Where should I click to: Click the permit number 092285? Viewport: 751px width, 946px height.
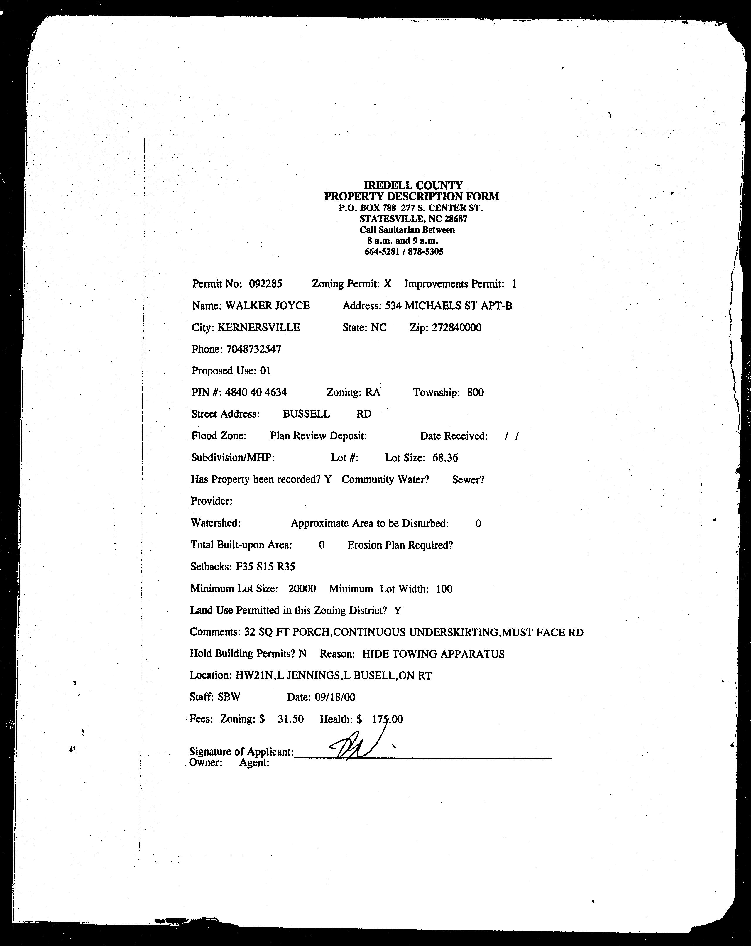(x=265, y=284)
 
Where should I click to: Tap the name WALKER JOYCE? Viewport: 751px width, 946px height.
(x=268, y=306)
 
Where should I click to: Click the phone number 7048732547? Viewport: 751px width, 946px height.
(x=253, y=349)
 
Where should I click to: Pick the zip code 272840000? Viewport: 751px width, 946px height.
(x=456, y=328)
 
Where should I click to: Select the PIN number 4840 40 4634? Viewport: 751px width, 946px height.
(x=256, y=392)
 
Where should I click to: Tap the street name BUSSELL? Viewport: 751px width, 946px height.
(x=306, y=414)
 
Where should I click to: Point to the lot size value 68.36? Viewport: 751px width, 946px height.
(x=445, y=458)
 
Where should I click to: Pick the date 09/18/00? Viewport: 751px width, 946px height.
(x=335, y=697)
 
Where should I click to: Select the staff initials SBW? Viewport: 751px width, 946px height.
(x=229, y=697)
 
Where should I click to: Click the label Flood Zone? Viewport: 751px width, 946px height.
(x=219, y=436)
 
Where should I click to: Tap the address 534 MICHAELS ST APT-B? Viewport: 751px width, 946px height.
(x=448, y=306)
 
